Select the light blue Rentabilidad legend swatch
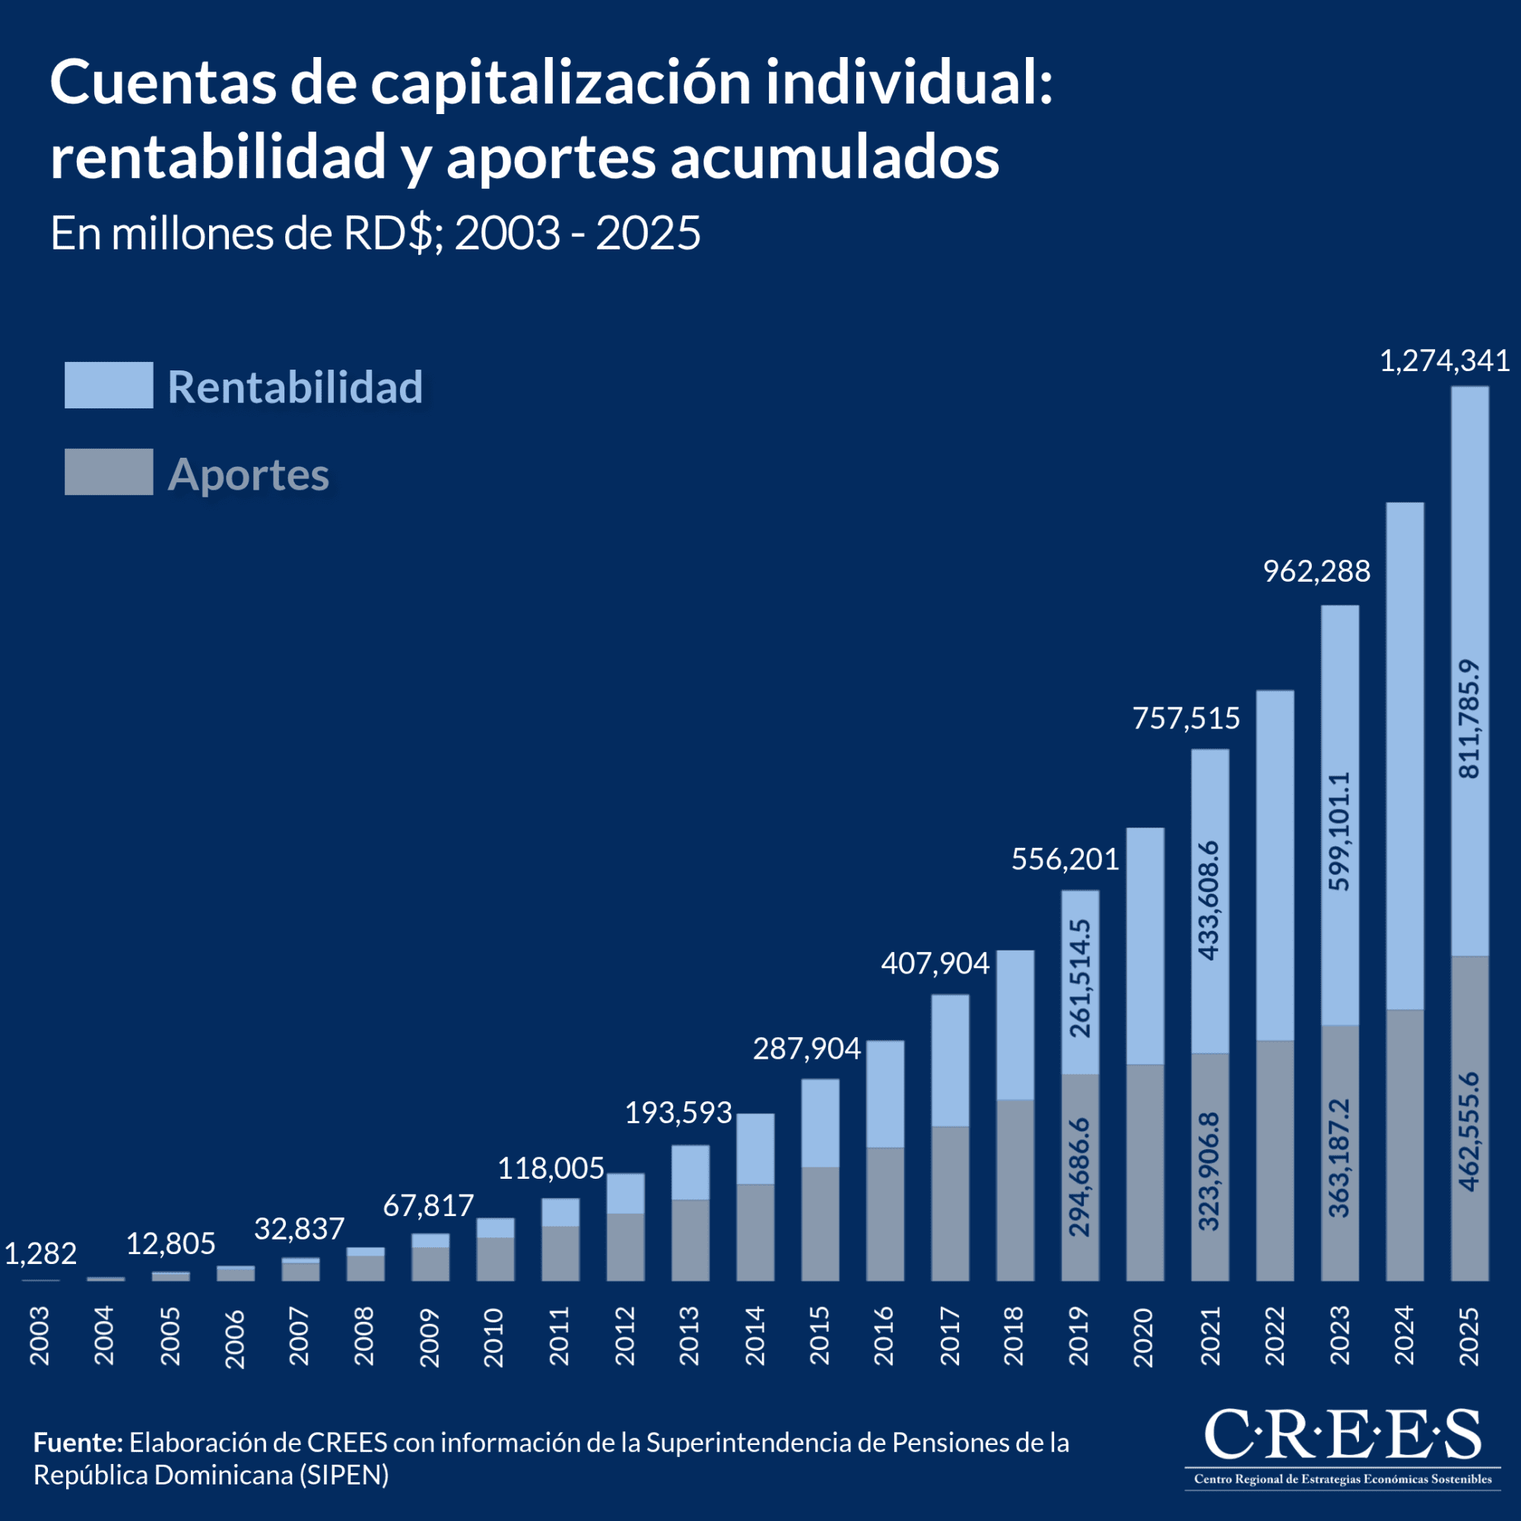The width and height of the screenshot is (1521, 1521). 109,385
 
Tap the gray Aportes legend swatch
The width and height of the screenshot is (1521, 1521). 109,472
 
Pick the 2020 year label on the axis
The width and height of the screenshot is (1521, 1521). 1144,1337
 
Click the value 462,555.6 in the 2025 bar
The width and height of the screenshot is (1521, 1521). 1469,1132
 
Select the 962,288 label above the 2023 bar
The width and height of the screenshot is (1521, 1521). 1316,572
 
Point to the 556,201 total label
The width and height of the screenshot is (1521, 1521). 1065,859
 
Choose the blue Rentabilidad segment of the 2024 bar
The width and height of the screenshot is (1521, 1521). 1405,756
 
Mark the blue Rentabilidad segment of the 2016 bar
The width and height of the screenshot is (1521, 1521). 885,1094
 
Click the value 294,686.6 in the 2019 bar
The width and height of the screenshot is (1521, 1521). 1080,1176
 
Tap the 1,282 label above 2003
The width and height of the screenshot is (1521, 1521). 41,1253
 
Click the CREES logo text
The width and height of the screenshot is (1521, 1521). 1342,1434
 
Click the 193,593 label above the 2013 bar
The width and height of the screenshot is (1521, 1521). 678,1113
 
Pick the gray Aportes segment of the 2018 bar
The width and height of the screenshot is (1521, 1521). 1015,1189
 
